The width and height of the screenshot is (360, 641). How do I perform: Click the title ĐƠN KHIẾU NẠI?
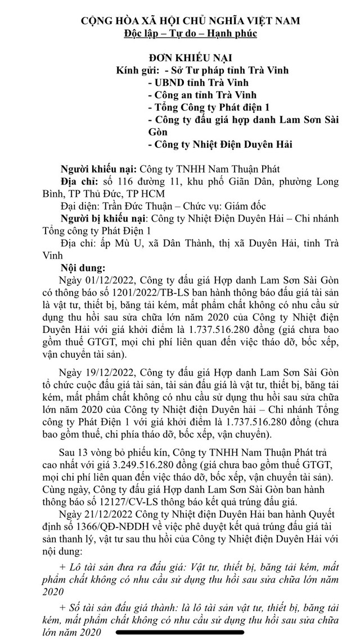[190, 58]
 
